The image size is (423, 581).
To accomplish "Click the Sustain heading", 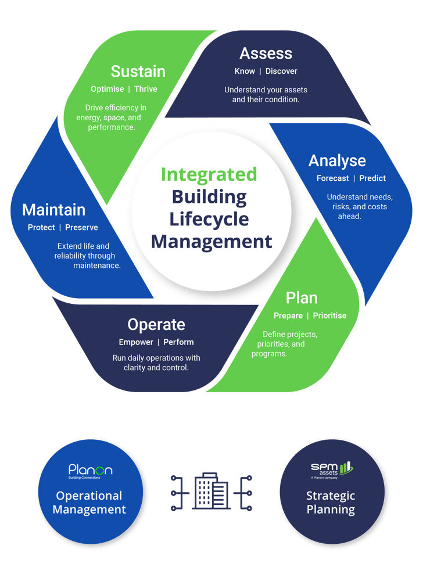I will [138, 71].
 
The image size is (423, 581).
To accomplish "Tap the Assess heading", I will [266, 53].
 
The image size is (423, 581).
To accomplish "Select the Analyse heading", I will [337, 160].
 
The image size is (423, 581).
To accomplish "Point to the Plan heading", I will [302, 298].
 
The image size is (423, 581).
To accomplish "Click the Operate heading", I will [156, 324].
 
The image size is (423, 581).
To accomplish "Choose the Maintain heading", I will [53, 209].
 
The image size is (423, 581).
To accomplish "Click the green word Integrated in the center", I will [209, 174].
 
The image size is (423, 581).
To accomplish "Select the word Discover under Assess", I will [281, 71].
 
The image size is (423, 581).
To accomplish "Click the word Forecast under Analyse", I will [333, 178].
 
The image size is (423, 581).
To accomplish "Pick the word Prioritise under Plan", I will [329, 315].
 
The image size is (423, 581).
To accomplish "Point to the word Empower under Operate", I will [136, 342].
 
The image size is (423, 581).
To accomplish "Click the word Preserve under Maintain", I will [81, 227].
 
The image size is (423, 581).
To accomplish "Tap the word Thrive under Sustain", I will [145, 89].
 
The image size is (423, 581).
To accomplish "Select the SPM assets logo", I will [331, 470].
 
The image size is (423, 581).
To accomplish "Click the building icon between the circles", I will [210, 491].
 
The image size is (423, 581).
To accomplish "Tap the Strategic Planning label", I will [331, 503].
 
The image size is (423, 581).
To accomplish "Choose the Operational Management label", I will [89, 503].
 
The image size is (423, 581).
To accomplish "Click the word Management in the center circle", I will [212, 241].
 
